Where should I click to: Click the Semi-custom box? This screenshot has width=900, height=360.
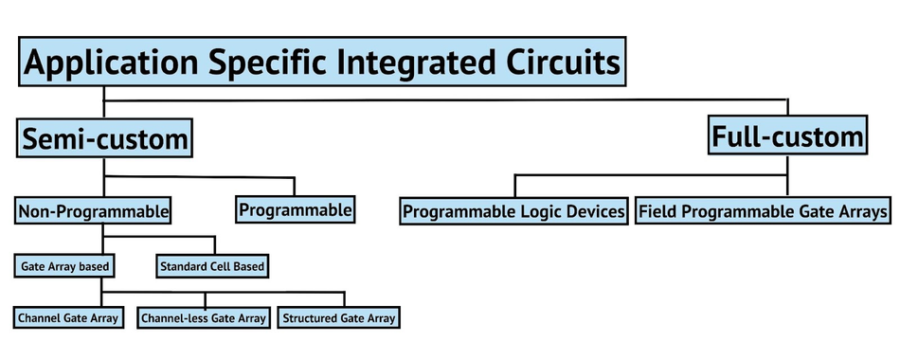pyautogui.click(x=104, y=138)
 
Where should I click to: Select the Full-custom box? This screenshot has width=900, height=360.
pyautogui.click(x=787, y=135)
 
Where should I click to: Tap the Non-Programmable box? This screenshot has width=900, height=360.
pyautogui.click(x=93, y=211)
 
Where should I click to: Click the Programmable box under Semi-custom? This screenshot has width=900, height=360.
pyautogui.click(x=295, y=209)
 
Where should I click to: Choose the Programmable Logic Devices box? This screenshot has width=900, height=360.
pyautogui.click(x=513, y=211)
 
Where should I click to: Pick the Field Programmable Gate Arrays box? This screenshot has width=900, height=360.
pyautogui.click(x=763, y=211)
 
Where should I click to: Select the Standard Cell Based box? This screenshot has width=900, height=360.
pyautogui.click(x=212, y=266)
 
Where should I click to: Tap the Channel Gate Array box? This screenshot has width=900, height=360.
pyautogui.click(x=68, y=317)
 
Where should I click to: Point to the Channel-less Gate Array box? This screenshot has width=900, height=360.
pyautogui.click(x=204, y=317)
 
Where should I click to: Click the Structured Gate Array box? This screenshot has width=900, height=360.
pyautogui.click(x=338, y=317)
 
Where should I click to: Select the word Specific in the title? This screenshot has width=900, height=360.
pyautogui.click(x=273, y=62)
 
